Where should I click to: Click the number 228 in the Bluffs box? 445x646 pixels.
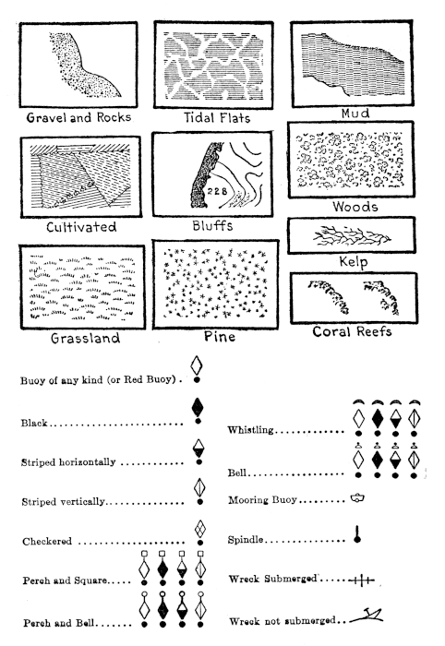click(217, 191)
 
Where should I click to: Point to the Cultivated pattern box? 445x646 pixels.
click(80, 177)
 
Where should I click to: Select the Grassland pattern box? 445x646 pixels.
click(80, 285)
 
